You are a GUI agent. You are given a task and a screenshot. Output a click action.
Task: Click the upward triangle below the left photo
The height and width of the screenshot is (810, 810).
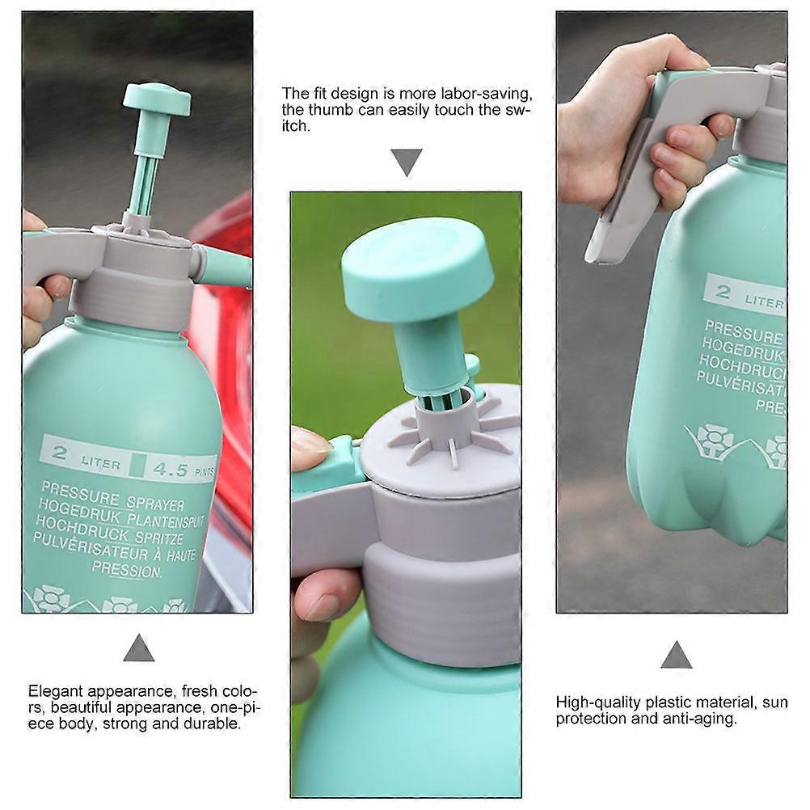(138, 648)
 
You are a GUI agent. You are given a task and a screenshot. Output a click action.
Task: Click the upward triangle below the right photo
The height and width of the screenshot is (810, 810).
(676, 655)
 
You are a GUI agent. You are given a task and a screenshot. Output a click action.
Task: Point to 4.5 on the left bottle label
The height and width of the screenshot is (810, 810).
(171, 469)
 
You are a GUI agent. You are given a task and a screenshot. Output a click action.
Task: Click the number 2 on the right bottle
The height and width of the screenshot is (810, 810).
(723, 292)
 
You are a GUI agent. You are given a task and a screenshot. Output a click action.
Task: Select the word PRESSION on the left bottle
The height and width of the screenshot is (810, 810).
(127, 570)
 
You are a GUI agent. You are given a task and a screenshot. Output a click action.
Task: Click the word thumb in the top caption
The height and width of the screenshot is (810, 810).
(331, 110)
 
